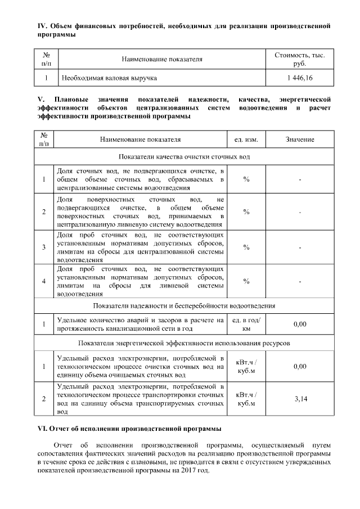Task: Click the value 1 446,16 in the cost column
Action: tap(300, 77)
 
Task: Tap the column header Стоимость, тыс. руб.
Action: tap(300, 60)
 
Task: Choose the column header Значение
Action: tap(300, 139)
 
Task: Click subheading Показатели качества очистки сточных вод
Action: tap(184, 156)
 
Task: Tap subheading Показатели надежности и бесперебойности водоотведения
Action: tap(184, 305)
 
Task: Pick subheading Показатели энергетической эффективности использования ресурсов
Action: tap(184, 343)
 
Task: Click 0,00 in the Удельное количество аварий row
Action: tap(300, 324)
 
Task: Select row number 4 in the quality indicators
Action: tap(44, 281)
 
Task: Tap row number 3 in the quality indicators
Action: tap(44, 247)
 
